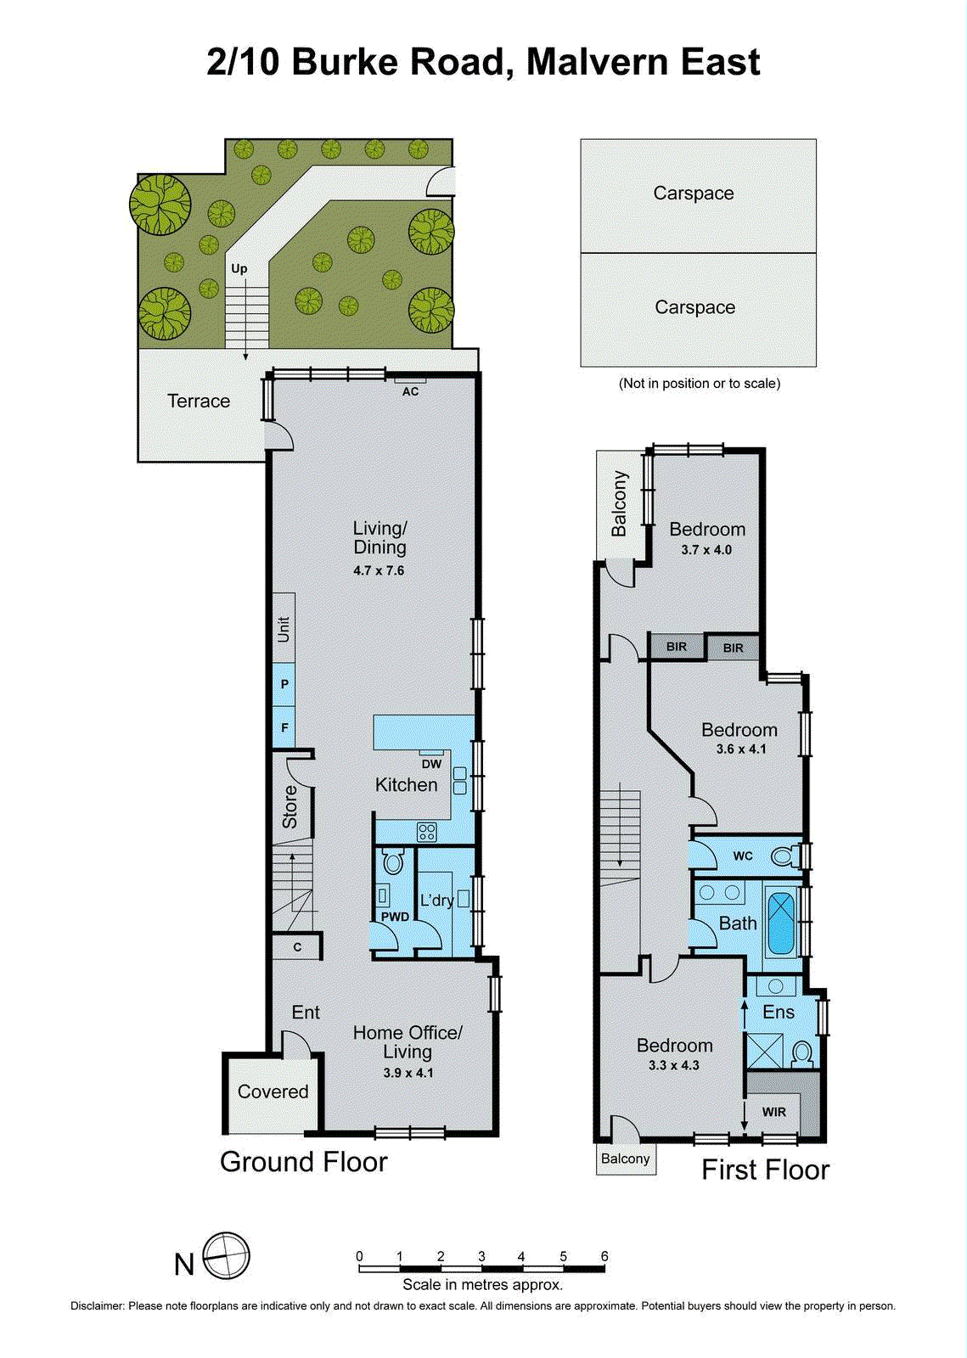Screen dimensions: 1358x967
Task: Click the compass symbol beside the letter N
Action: (227, 1255)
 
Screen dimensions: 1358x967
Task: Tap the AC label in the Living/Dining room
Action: (410, 391)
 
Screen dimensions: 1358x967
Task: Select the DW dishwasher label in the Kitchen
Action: (431, 764)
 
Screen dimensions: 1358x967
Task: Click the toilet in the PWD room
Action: (392, 863)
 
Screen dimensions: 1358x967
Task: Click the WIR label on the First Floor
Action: (773, 1112)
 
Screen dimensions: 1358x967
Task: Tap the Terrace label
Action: (199, 401)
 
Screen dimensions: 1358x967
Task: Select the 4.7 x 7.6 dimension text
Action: (379, 570)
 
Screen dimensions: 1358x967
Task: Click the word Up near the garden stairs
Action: (239, 268)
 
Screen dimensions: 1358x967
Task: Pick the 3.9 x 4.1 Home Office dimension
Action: (408, 1073)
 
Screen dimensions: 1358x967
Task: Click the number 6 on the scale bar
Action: (604, 1256)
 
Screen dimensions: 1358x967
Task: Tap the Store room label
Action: (290, 807)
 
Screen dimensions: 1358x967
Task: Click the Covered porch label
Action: (273, 1091)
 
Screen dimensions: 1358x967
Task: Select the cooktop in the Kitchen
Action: (426, 832)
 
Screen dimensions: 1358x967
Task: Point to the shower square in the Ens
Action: (764, 1050)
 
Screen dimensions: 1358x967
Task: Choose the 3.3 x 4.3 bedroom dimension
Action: (673, 1065)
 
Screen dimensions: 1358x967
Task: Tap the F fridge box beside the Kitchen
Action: (284, 727)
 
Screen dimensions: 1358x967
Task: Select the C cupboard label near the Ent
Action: (297, 947)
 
